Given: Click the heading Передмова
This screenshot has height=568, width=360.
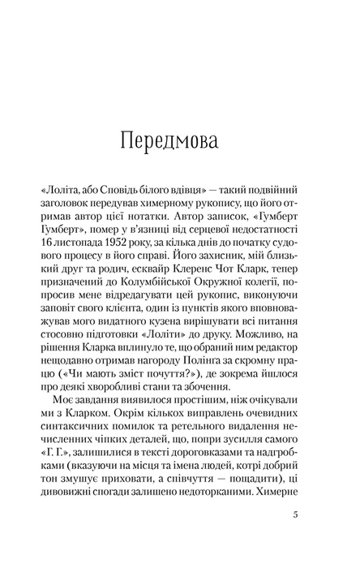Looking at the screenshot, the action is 179,140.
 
